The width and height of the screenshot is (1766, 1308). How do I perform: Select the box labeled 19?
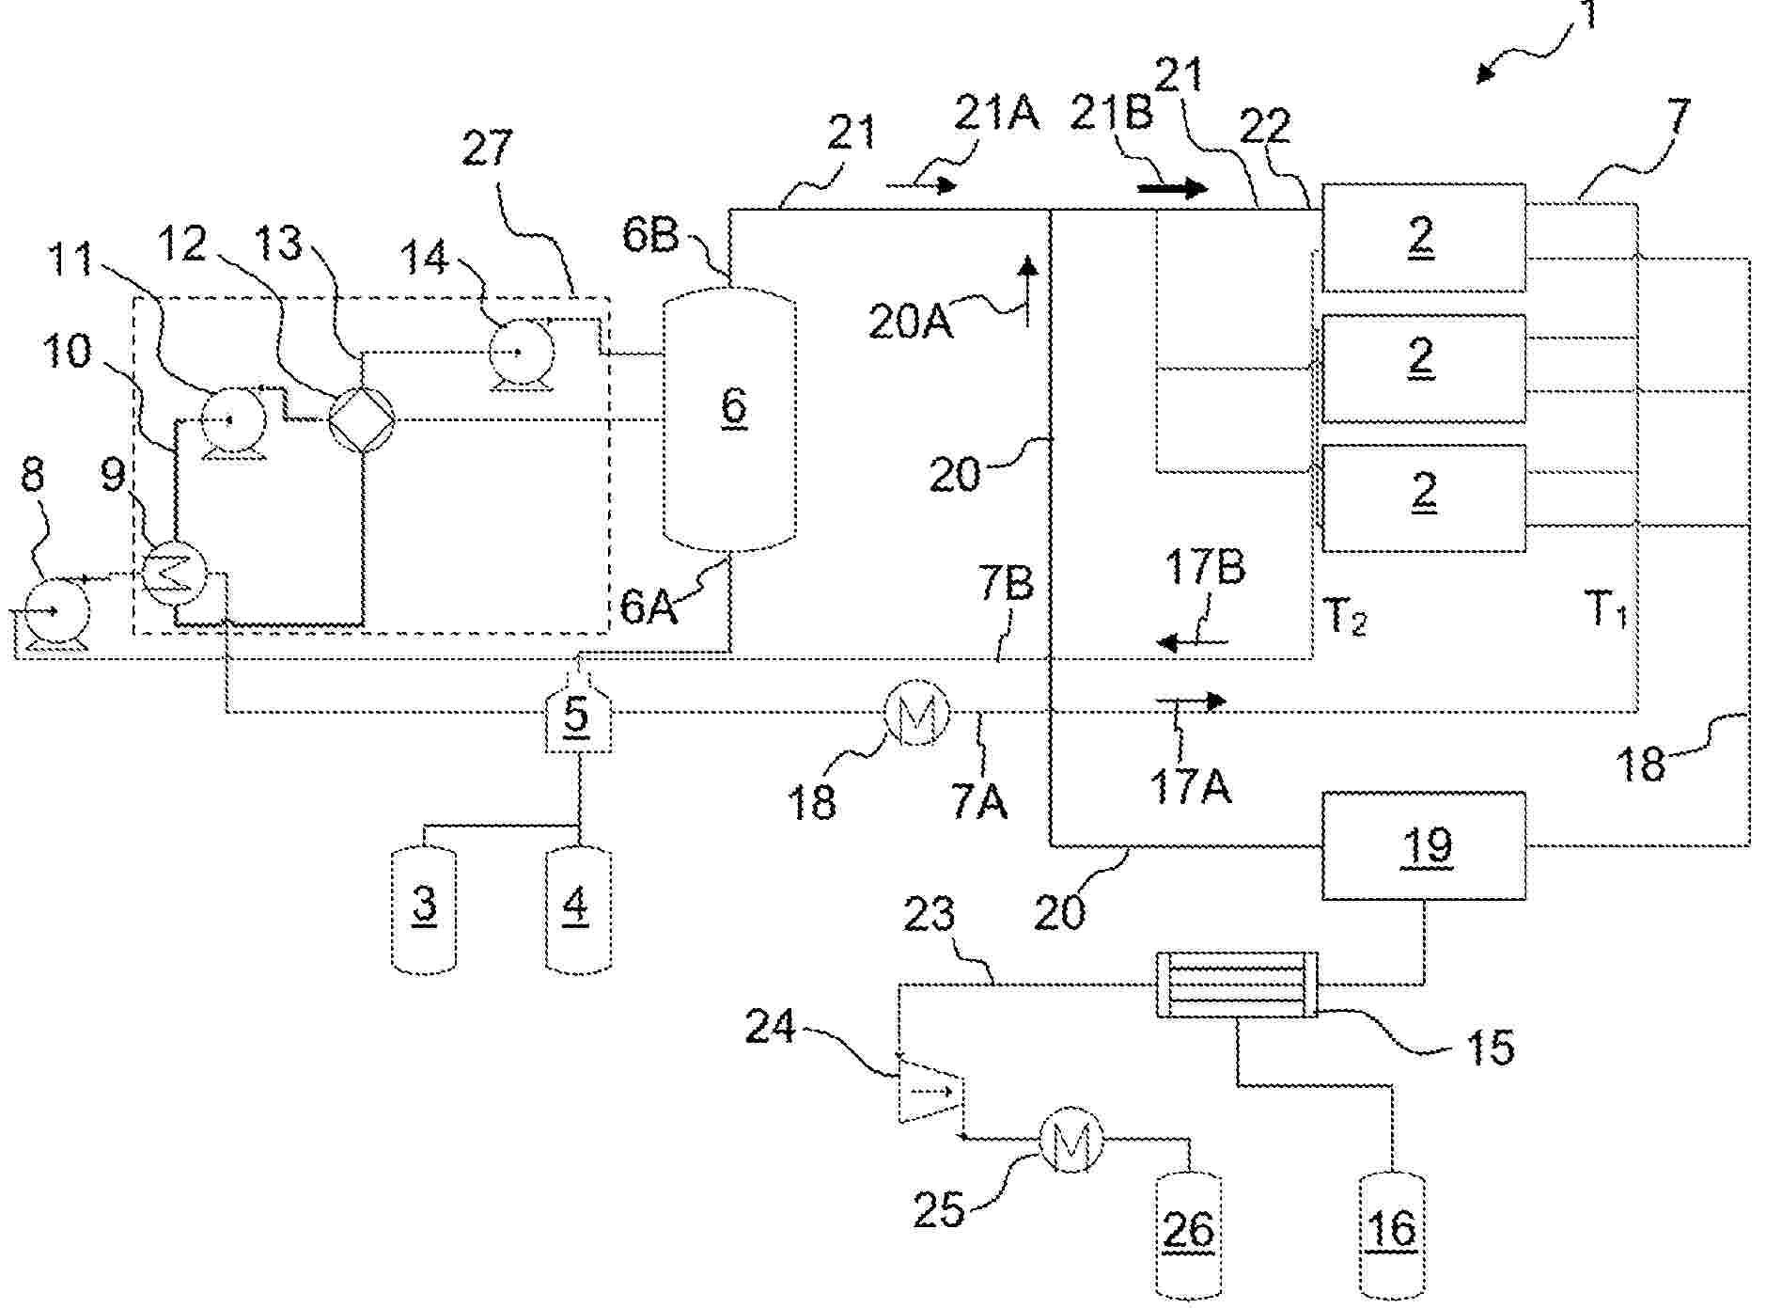point(1424,846)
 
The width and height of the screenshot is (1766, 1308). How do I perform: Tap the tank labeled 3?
point(424,907)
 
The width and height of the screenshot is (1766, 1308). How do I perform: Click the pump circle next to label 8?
point(56,613)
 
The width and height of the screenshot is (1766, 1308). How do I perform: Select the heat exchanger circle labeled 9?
point(175,573)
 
